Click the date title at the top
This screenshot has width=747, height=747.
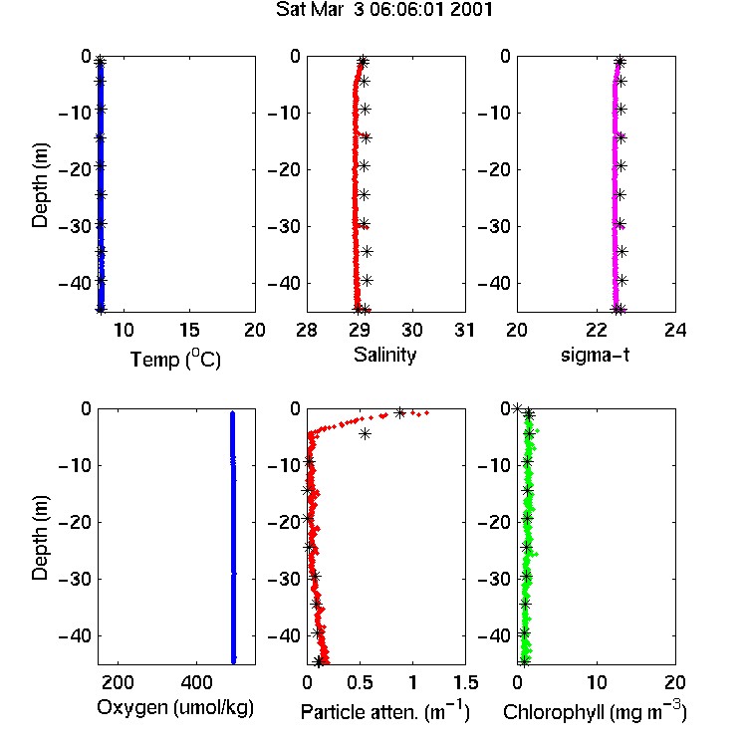384,10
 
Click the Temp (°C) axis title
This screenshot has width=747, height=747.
175,359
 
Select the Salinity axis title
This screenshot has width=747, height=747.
384,355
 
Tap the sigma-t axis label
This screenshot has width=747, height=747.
595,355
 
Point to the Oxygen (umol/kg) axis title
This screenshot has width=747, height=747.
175,708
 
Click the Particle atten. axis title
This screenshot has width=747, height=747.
384,711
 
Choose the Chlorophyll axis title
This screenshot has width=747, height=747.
595,711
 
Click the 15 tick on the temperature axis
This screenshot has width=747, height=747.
189,330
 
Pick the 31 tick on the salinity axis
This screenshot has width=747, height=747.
464,330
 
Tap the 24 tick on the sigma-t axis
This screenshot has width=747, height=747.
675,330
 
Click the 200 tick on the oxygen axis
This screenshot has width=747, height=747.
118,682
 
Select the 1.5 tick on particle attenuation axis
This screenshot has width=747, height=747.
465,682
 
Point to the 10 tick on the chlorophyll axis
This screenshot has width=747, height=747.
597,682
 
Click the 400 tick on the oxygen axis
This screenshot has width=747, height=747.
197,682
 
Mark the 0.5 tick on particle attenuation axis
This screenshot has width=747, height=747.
360,682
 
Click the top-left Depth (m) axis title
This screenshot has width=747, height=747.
40,185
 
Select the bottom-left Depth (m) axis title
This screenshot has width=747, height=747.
40,538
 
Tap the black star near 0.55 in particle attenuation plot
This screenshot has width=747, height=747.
365,434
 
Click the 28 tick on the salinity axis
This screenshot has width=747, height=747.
307,330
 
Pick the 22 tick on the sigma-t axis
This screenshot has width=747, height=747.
597,330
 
